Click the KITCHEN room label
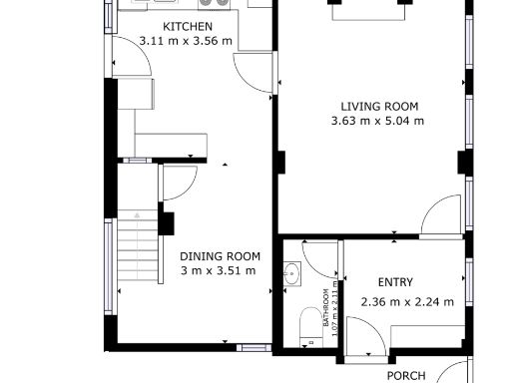coord(187,26)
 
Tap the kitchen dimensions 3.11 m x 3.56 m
coord(172,42)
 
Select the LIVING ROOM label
coord(378,107)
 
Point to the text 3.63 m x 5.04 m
coord(377,122)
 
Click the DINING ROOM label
coord(220,255)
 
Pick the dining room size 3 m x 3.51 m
coord(218,270)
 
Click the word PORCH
coord(406,376)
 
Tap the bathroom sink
coord(292,272)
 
